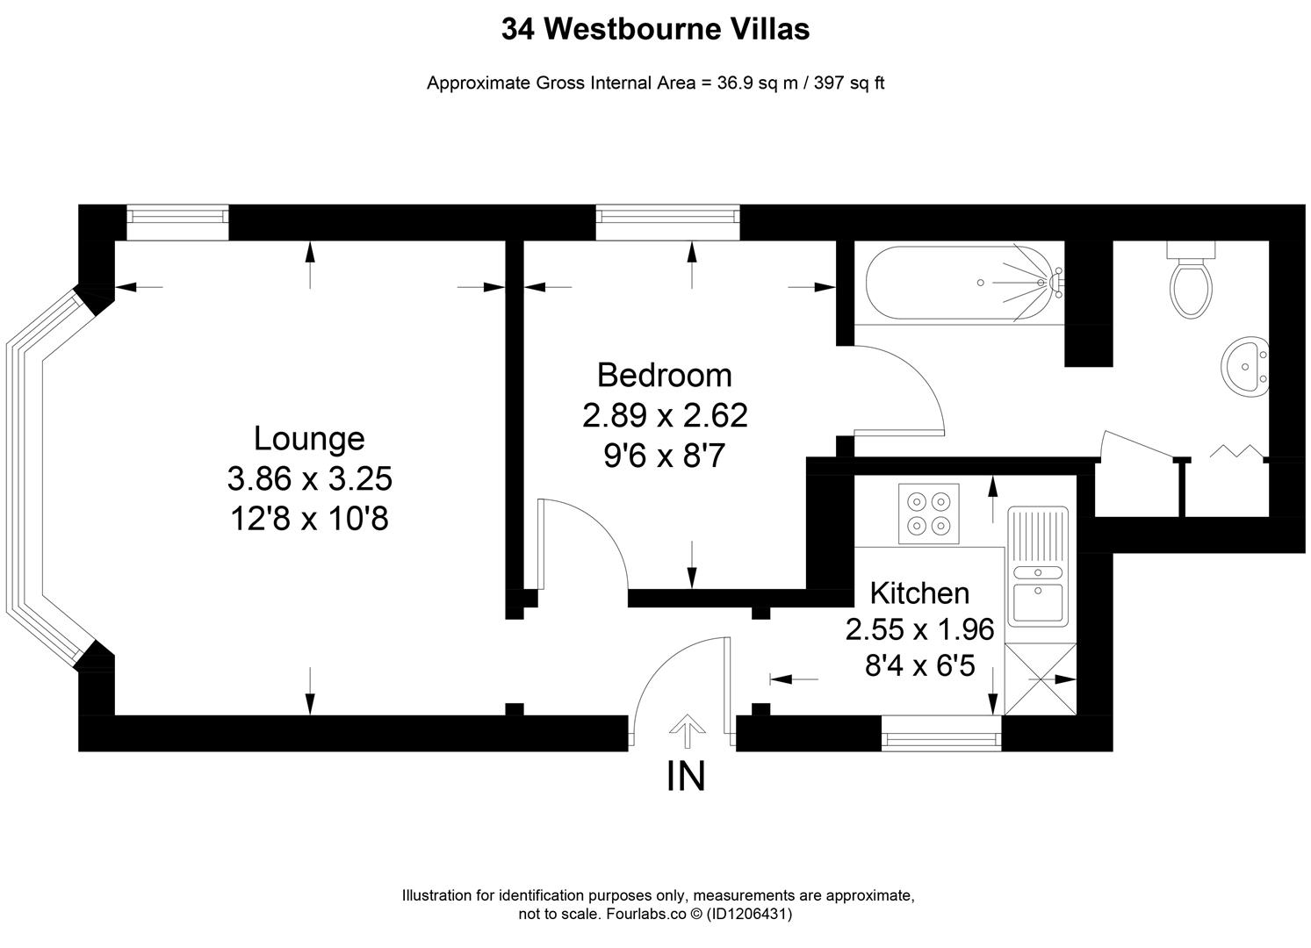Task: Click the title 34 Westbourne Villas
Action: point(655,30)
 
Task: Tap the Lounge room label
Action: point(308,438)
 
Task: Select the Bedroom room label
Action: point(664,375)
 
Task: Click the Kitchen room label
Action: point(919,593)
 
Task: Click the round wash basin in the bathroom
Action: point(1245,366)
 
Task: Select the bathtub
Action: point(963,283)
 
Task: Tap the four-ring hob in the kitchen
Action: point(929,513)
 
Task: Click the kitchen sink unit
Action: point(1038,566)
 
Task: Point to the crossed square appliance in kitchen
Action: point(1040,679)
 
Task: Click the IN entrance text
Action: point(686,776)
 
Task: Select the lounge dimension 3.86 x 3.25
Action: point(309,479)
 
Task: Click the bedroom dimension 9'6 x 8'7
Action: point(664,456)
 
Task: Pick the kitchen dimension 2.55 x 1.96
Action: point(919,629)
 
